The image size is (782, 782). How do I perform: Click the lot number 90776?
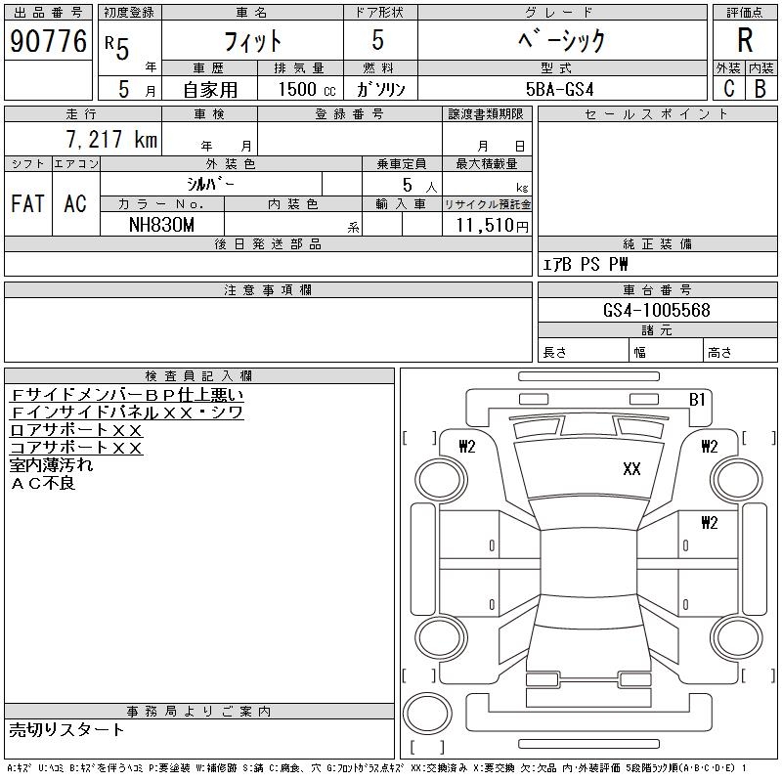pyautogui.click(x=48, y=41)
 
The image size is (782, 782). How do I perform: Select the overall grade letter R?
pyautogui.click(x=745, y=41)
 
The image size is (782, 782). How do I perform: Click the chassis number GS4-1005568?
pyautogui.click(x=657, y=310)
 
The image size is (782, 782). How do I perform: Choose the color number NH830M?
pyautogui.click(x=162, y=224)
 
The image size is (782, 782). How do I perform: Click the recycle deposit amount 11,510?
pyautogui.click(x=485, y=225)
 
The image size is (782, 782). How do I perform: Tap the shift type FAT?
pyautogui.click(x=27, y=204)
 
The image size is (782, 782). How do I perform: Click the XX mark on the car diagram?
pyautogui.click(x=631, y=469)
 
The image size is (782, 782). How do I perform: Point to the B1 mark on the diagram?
pyautogui.click(x=697, y=400)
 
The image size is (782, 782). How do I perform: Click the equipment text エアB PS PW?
pyautogui.click(x=586, y=264)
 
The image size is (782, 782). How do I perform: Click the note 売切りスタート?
pyautogui.click(x=67, y=729)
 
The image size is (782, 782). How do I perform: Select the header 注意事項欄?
pyautogui.click(x=268, y=290)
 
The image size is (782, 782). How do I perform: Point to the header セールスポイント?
pyautogui.click(x=656, y=114)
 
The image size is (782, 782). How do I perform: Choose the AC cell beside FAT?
pyautogui.click(x=75, y=204)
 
